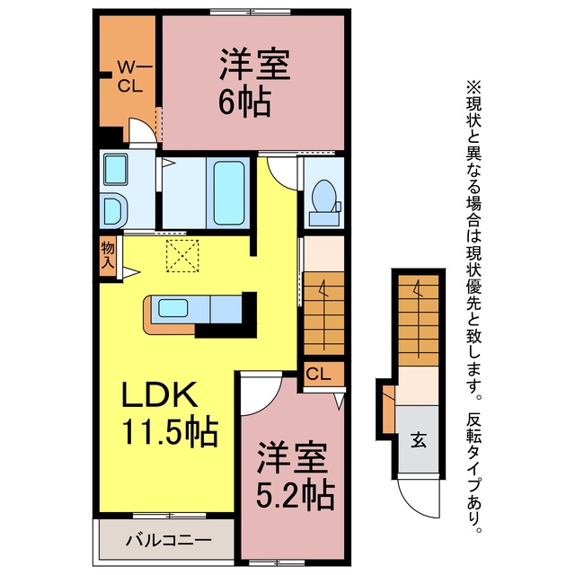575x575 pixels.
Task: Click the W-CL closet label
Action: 131,77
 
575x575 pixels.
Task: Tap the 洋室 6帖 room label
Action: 254,84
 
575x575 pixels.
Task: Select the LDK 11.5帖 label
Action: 170,413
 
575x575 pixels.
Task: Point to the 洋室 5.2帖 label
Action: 295,475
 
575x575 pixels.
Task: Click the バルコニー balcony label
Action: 169,540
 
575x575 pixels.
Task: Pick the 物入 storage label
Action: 108,255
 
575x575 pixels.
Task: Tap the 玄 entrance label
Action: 419,440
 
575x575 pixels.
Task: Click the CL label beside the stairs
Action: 318,374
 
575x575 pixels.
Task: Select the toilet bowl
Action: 323,197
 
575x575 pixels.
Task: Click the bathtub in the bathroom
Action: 229,193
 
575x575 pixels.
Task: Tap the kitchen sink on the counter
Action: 173,308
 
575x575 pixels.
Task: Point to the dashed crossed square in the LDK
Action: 182,256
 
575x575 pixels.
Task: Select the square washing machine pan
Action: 116,170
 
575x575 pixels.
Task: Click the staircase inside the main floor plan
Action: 323,314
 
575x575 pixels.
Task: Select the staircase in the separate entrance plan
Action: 419,320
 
